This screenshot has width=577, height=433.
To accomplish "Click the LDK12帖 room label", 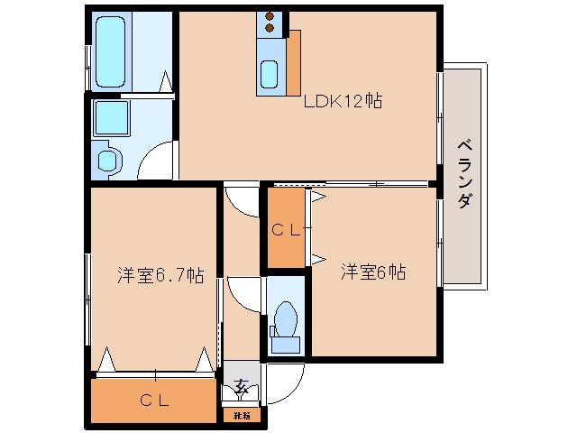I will click(343, 101).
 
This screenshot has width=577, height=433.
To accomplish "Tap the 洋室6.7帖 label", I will click(159, 276).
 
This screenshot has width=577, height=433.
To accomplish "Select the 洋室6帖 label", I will click(372, 272).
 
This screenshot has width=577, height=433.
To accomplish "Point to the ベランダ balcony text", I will click(464, 174).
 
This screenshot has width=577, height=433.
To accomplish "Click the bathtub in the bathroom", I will click(112, 49).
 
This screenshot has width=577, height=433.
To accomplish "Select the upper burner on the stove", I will click(270, 17).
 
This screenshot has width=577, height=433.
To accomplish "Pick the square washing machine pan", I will click(112, 117).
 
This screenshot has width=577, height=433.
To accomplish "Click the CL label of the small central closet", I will click(286, 230).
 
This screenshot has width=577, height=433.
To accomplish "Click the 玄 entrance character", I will click(241, 388).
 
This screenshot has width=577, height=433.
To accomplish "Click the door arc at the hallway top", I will click(241, 200).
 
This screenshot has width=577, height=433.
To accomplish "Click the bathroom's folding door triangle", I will click(166, 83).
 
